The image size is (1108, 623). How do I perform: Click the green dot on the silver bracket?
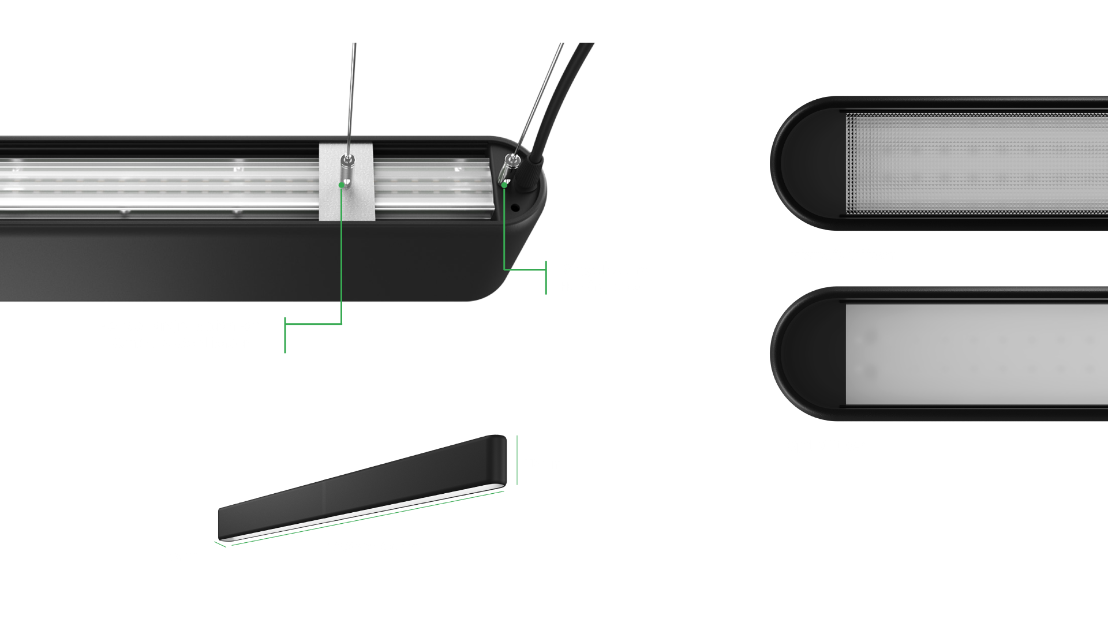(342, 185)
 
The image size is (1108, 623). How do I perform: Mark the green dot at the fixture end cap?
(504, 185)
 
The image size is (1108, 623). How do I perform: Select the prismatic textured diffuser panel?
(975, 163)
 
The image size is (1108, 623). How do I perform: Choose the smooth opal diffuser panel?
(975, 354)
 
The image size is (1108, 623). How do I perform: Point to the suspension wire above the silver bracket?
(350, 92)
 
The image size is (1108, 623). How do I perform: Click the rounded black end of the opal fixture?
(805, 354)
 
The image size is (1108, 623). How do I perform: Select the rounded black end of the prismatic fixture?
(805, 163)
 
